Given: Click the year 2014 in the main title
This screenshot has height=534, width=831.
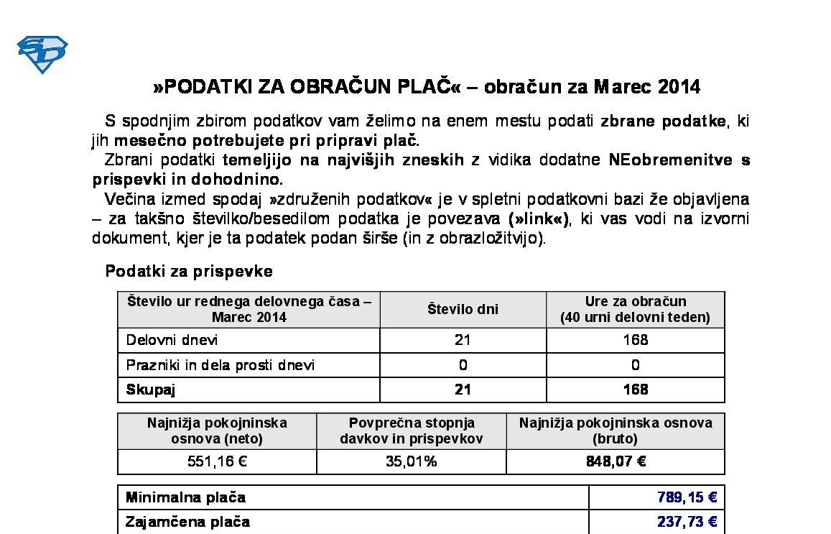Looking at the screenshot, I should [x=679, y=87].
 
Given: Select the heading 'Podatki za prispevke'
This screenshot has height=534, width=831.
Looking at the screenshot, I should [x=189, y=271].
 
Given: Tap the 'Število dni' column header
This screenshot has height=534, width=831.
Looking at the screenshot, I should [x=463, y=309].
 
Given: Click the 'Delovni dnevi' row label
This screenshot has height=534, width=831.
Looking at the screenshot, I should [x=172, y=340].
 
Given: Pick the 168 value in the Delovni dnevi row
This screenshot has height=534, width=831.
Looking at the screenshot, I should [x=635, y=340].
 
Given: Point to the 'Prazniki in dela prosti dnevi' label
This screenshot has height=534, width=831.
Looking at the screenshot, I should [x=220, y=365].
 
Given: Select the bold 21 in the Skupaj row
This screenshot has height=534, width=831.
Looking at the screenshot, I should [x=463, y=390].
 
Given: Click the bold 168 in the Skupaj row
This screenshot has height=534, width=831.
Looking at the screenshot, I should [x=635, y=390].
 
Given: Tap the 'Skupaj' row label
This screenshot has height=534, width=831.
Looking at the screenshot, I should [x=151, y=390].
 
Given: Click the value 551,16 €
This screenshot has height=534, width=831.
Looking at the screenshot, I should [x=217, y=461].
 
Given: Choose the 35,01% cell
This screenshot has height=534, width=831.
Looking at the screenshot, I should [x=411, y=461].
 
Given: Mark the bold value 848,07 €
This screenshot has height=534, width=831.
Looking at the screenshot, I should [x=616, y=461].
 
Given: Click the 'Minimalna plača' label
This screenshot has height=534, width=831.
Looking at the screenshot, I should [x=185, y=497].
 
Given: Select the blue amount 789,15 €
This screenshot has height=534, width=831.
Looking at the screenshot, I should [x=687, y=497].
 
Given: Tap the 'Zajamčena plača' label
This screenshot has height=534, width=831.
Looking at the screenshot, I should [x=187, y=522].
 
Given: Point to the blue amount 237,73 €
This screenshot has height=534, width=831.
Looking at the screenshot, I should [x=687, y=522].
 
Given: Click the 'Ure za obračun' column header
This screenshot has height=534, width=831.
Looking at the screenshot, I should [x=635, y=309].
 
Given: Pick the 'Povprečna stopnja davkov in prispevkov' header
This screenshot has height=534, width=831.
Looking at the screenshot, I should [x=411, y=431].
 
